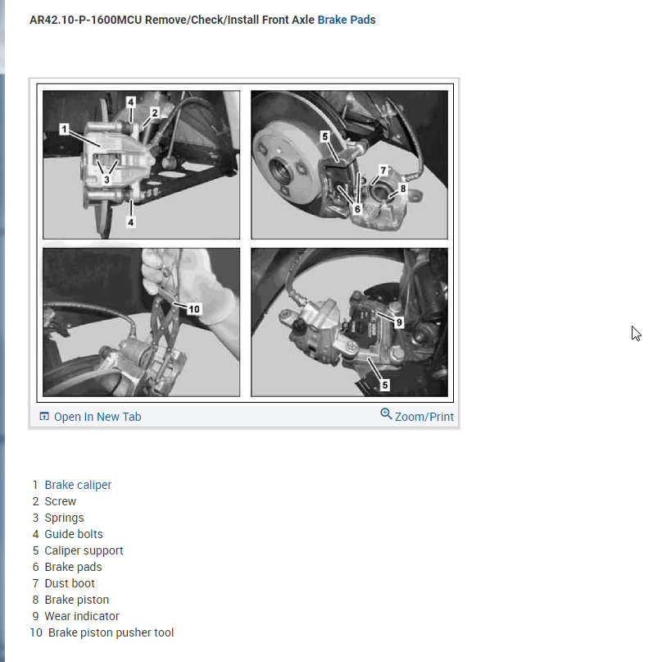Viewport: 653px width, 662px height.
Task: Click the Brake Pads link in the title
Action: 346,20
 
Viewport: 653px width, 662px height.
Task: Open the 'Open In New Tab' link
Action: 90,417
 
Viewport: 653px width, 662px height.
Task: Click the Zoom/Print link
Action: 424,417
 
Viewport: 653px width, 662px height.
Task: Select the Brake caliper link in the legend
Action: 78,485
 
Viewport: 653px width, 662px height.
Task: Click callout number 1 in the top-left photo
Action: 64,129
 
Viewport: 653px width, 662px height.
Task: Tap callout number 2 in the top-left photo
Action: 155,112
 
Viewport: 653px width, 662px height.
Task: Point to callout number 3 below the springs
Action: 107,180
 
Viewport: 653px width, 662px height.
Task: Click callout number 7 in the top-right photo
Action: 383,170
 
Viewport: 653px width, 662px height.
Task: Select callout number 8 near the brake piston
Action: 403,189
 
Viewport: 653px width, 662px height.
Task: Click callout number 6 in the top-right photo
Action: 357,208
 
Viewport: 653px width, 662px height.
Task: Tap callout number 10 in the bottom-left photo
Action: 194,309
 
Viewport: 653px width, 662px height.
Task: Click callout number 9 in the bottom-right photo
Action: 399,322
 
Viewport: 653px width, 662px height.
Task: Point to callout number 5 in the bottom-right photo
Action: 384,385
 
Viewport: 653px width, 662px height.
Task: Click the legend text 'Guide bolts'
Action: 74,534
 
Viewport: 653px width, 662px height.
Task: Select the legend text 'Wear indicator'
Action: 82,616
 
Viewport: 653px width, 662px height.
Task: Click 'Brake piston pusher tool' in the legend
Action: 111,632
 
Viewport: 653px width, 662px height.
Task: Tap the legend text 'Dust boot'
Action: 70,583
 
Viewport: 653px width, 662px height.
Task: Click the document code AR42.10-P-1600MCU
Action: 85,20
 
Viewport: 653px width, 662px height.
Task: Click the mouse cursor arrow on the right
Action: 635,333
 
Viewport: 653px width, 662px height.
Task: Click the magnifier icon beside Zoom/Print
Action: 386,413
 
